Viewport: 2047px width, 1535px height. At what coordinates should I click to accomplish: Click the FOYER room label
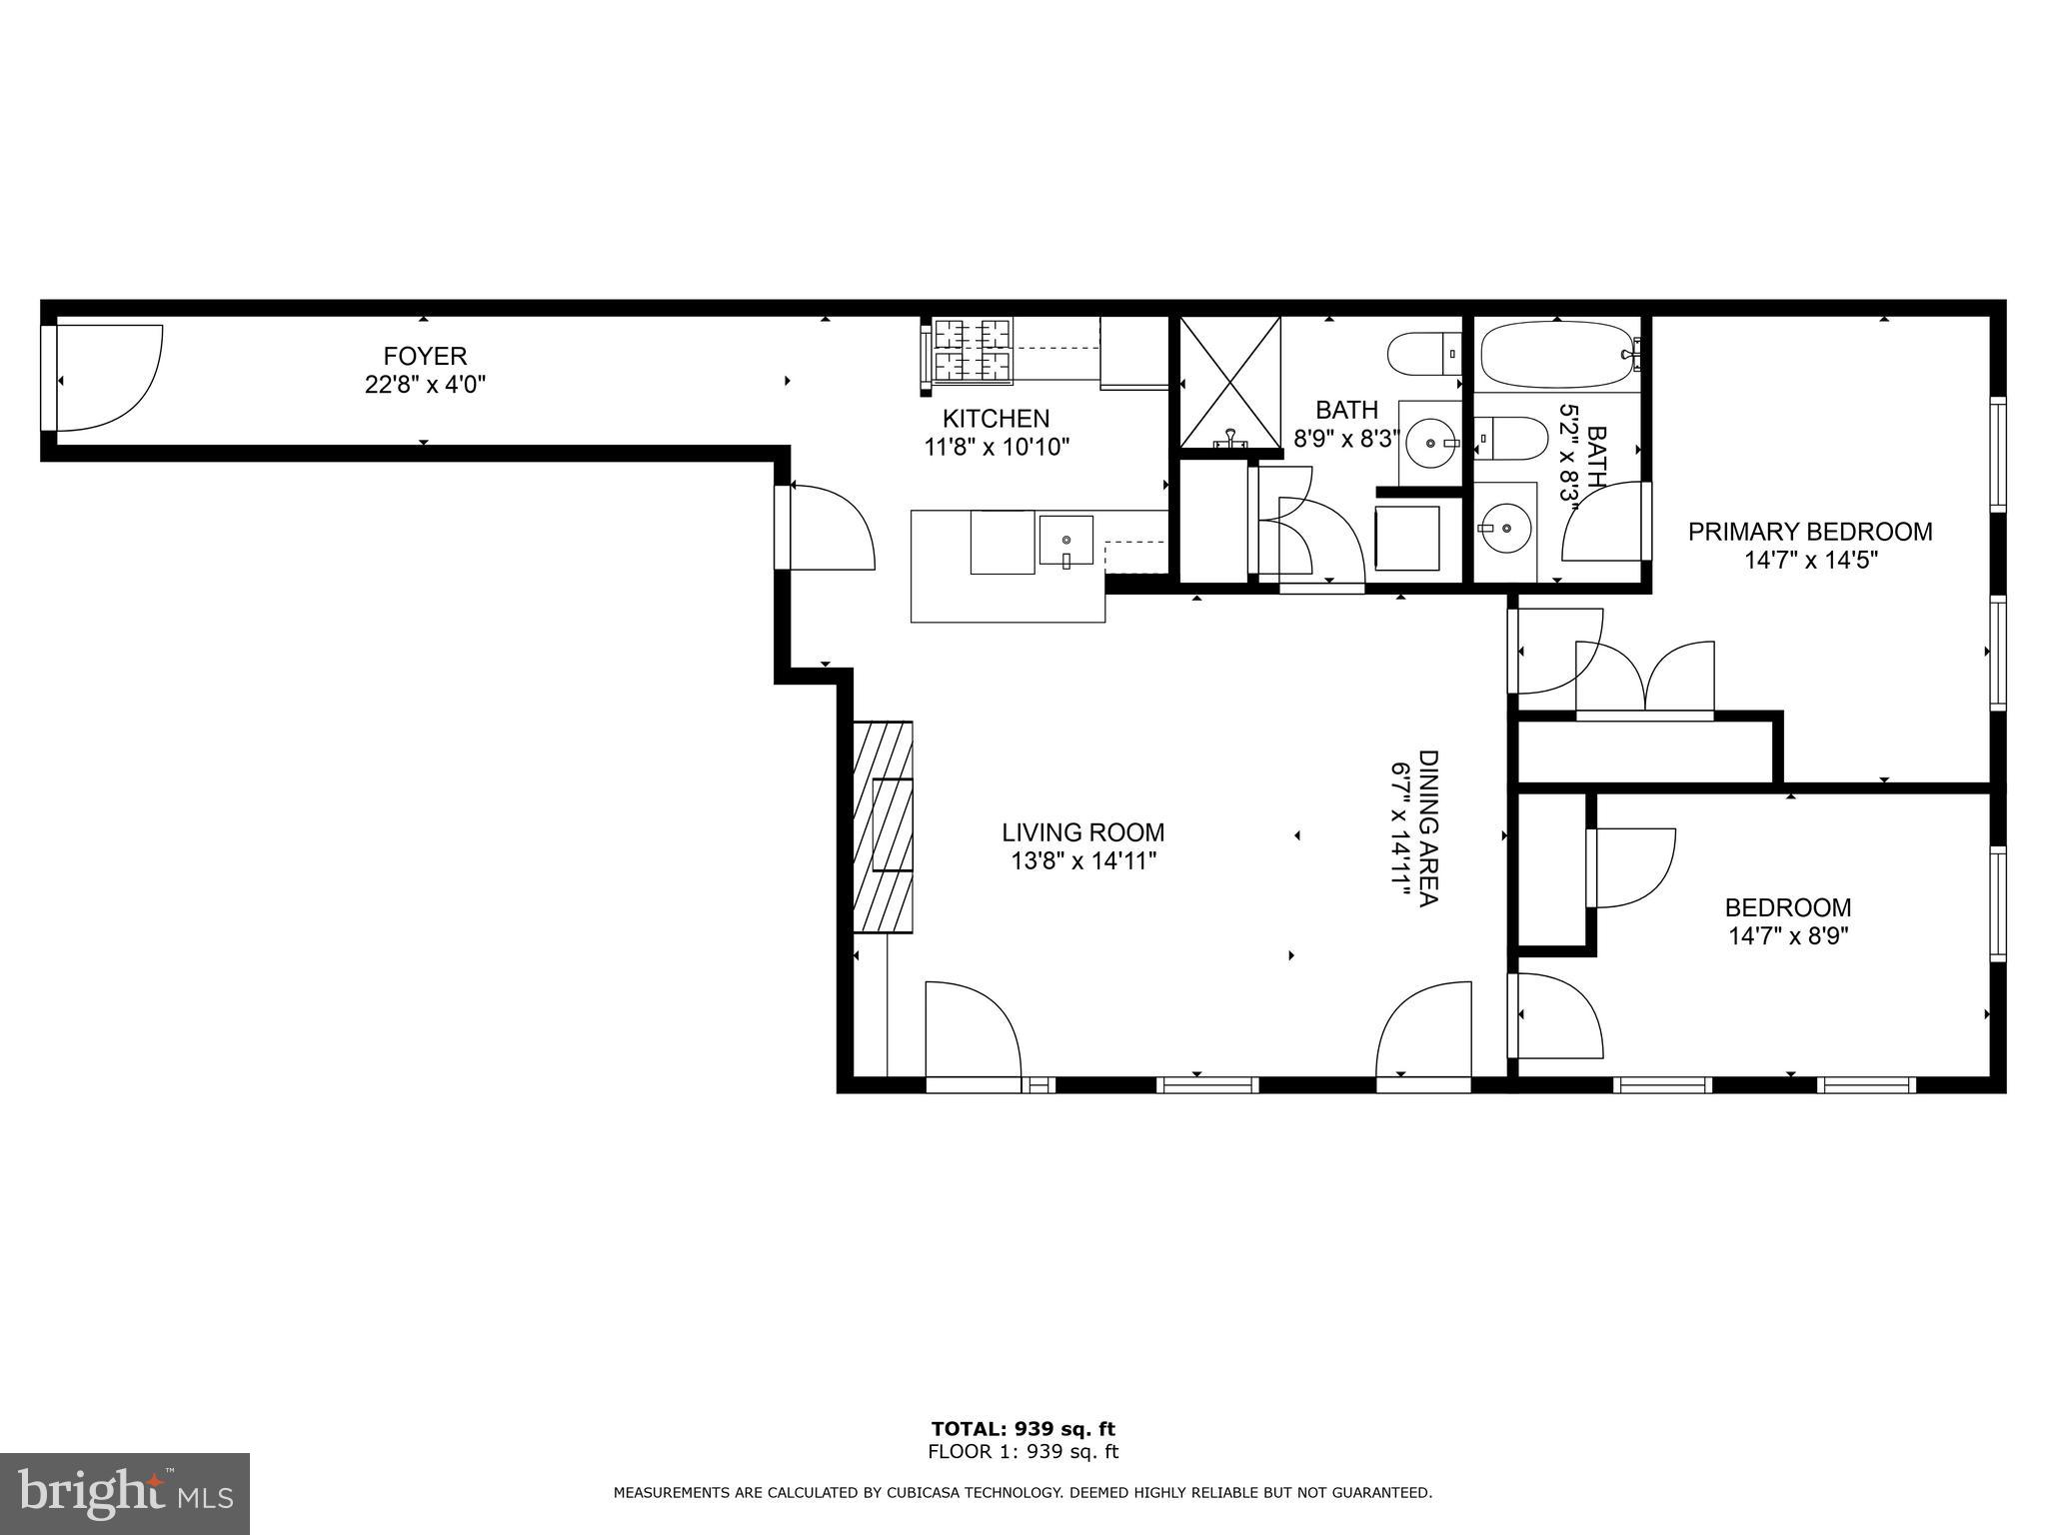tap(425, 356)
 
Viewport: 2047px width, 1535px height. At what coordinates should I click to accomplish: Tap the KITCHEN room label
tap(996, 419)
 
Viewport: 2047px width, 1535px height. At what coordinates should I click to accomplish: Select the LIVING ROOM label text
tap(1083, 832)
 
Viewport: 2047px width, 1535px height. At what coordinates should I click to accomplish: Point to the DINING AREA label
tap(1428, 828)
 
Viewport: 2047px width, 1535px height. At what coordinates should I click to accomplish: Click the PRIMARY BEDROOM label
tap(1810, 532)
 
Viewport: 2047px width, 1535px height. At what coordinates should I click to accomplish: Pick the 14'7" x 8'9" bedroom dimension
tap(1788, 936)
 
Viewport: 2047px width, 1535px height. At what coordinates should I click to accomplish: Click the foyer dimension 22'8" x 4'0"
tap(425, 384)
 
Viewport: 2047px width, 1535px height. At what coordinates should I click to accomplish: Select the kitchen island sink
tap(1065, 541)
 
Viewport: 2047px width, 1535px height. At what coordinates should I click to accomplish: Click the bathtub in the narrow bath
tap(1559, 354)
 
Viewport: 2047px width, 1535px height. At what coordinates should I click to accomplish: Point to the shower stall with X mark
tap(1229, 381)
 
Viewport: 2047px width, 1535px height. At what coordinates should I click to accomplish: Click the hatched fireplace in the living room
tap(883, 826)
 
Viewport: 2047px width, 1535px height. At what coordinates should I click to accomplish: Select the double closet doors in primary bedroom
tap(1644, 680)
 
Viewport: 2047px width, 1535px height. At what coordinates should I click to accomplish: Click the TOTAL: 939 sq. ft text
tap(1023, 1429)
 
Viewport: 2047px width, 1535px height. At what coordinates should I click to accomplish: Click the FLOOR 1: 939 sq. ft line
tap(1023, 1452)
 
